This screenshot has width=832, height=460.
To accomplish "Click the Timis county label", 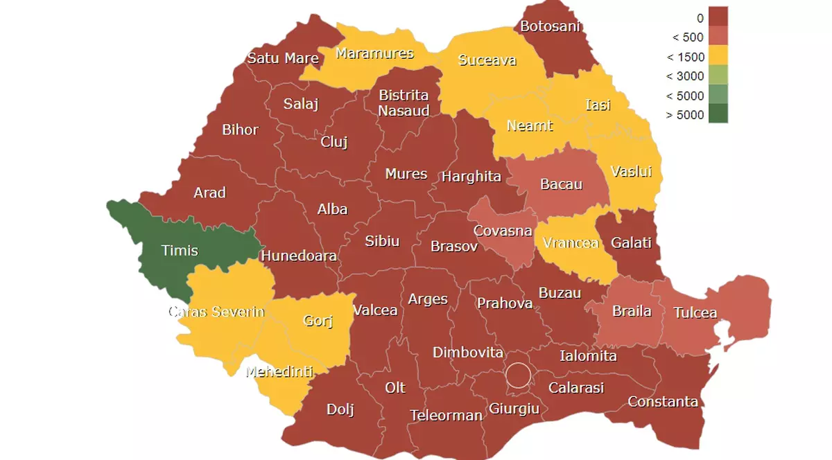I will pos(180,250).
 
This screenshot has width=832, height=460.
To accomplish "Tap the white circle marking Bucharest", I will pos(517,375).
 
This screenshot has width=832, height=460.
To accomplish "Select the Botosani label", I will pos(550,27).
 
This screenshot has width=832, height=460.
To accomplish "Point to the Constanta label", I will pos(662,401).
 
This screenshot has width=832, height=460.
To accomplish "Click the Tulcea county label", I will pos(695,312).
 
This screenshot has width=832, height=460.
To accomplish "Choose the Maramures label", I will pos(374,53).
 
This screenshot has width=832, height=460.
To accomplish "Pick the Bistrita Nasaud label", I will pos(404,103).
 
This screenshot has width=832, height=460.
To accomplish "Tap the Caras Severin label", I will pos(216,312).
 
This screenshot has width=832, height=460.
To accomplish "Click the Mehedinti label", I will pos(279,371).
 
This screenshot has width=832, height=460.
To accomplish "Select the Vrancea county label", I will pos(571,243).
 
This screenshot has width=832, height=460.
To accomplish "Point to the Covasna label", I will pos(503,231).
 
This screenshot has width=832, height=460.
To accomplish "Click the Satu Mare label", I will pos(283,57).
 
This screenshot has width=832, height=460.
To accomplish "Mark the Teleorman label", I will pos(446,416).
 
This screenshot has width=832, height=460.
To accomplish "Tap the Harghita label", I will pos(471,177).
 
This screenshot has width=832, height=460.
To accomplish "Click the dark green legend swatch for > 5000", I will pos(718,114).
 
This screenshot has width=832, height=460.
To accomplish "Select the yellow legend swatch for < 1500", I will pos(718,55).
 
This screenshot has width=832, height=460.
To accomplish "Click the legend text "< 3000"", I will pos(684,76).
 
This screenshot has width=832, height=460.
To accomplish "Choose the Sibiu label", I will pos(382,240).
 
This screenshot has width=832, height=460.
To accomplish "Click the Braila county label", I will pos(632,310).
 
